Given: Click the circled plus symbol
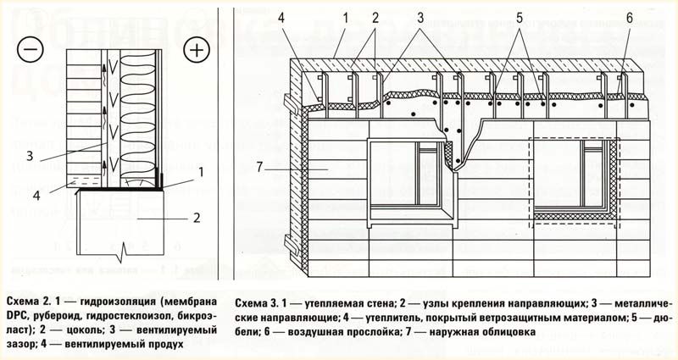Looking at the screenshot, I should (197, 50).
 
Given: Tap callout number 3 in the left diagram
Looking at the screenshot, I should (30, 156).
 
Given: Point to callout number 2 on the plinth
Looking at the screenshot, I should (196, 218).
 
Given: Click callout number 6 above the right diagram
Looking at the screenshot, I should (628, 18).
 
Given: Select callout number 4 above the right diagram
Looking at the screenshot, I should (307, 18).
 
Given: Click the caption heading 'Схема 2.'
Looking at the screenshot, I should (25, 302).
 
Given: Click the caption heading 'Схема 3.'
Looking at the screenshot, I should (253, 302).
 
